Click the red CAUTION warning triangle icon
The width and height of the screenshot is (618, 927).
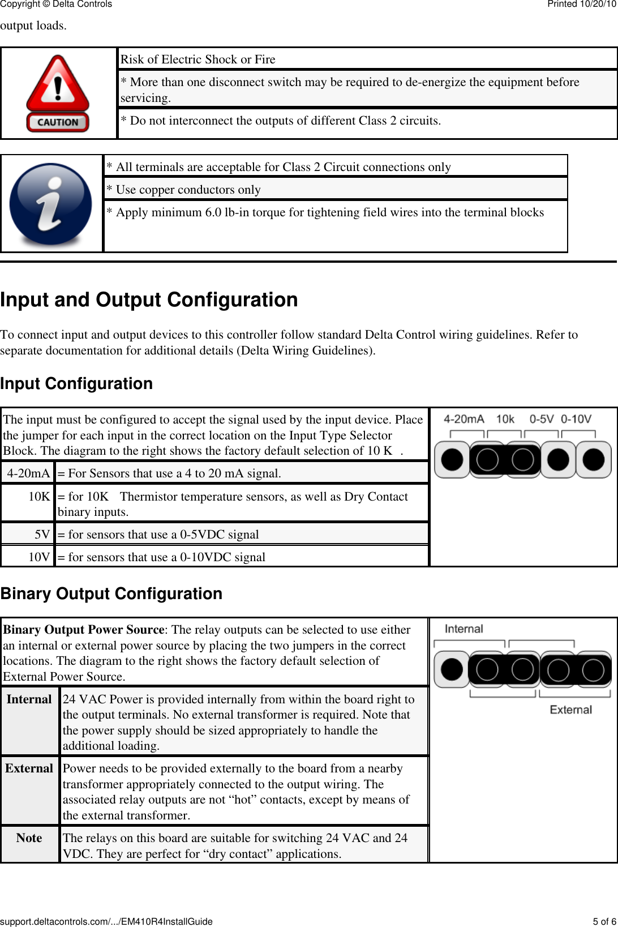(58, 93)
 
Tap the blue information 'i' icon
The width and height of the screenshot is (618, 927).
(51, 204)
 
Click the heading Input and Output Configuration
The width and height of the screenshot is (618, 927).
(149, 300)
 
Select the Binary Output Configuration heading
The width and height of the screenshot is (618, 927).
(111, 593)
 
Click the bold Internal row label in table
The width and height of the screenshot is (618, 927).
(29, 699)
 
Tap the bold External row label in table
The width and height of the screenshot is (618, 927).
(29, 768)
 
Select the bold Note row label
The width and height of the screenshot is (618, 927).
(29, 838)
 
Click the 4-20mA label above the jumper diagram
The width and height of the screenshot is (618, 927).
(464, 419)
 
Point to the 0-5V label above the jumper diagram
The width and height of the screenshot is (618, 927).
(542, 419)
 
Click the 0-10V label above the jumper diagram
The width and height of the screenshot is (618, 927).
(576, 419)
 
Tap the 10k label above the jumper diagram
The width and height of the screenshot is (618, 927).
(505, 419)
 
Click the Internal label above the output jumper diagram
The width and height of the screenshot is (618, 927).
(464, 629)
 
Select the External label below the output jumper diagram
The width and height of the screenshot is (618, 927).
(570, 710)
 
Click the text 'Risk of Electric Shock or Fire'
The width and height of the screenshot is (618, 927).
(198, 59)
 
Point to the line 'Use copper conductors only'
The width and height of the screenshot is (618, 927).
(188, 190)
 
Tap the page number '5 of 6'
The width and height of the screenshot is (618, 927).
(604, 921)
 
